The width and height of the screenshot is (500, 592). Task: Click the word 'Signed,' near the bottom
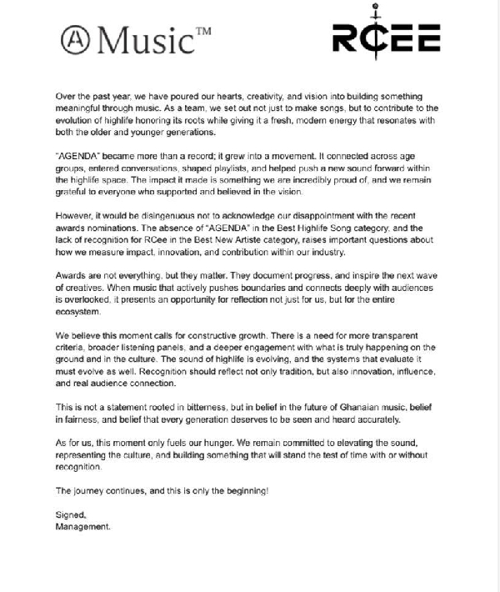tap(70, 516)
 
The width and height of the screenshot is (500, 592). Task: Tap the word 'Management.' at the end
tap(82, 528)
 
